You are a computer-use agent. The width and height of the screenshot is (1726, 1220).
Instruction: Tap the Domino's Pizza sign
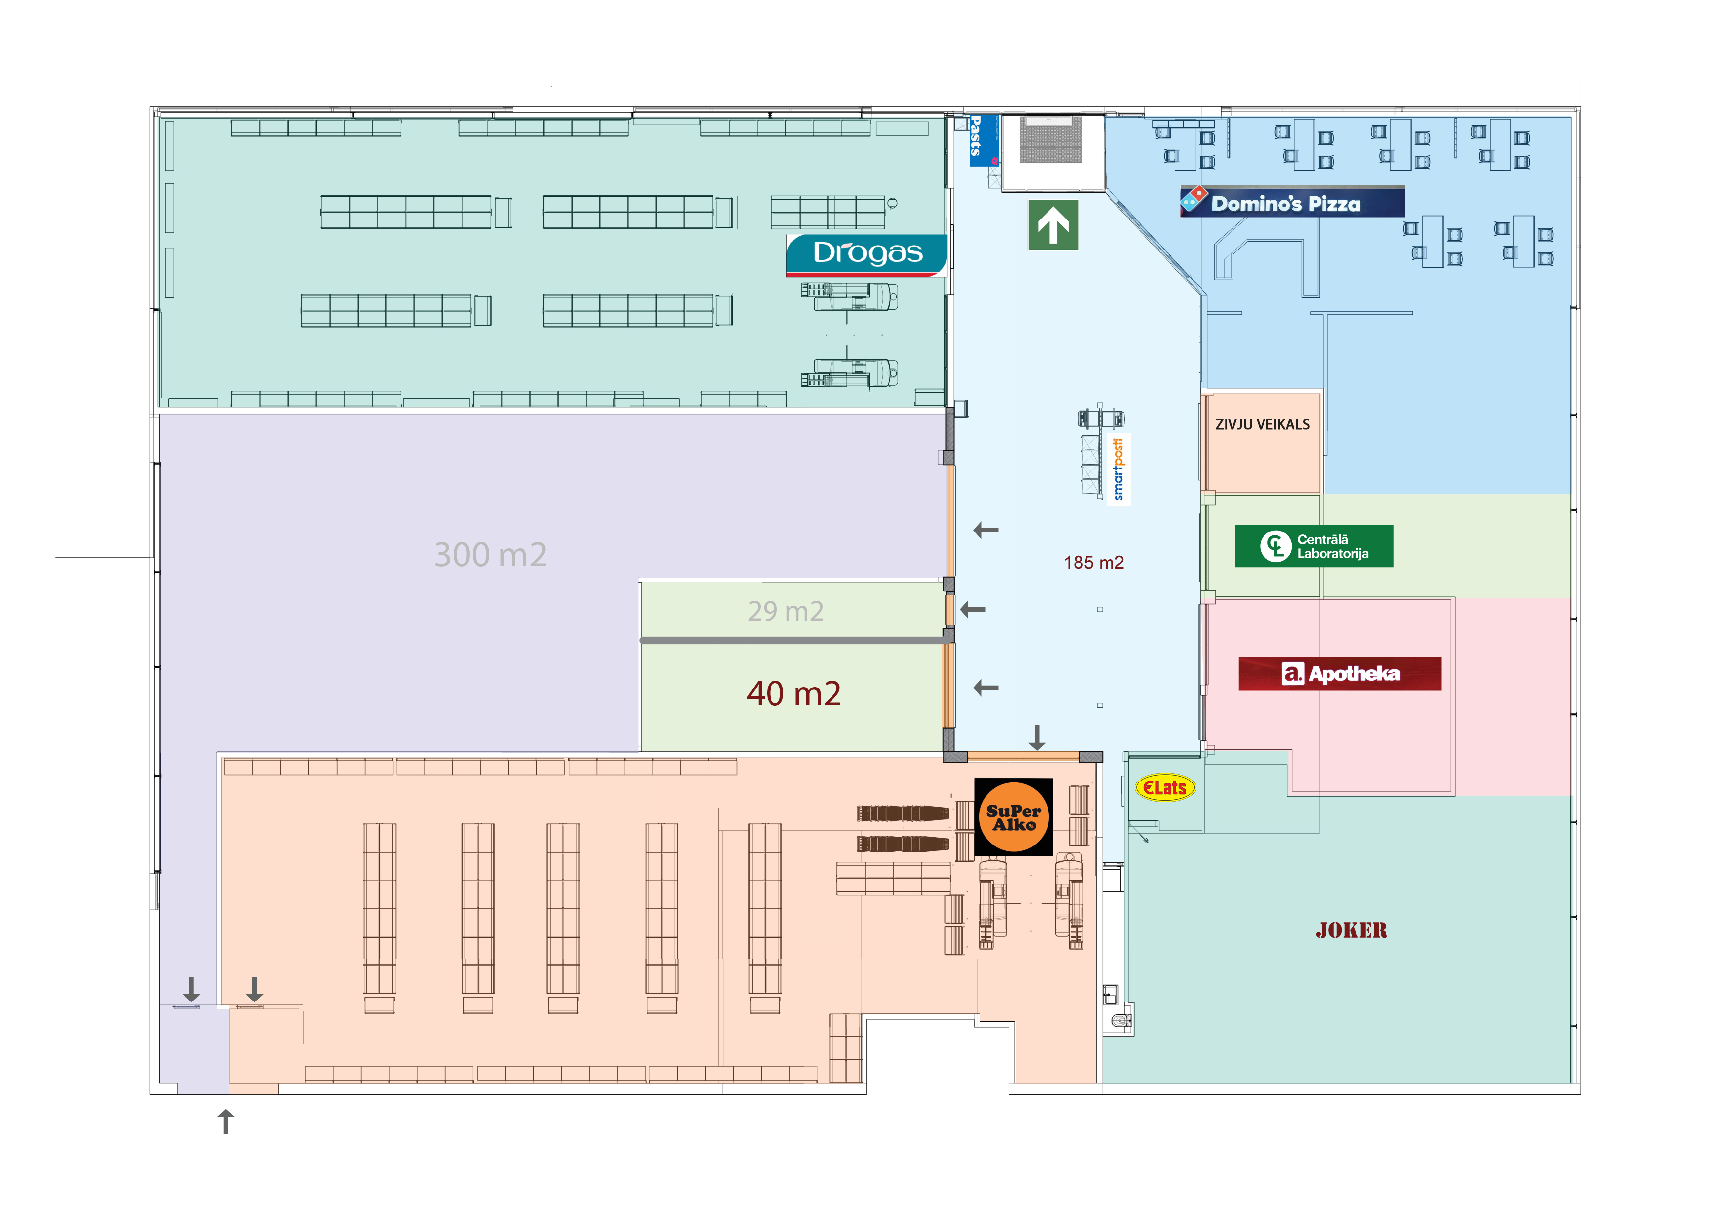[x=1292, y=201]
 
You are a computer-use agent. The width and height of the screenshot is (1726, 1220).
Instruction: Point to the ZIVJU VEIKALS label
[x=1262, y=425]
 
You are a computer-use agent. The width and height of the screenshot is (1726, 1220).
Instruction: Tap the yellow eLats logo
[x=1165, y=788]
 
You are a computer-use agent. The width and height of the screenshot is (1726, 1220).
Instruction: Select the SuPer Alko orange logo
[x=1014, y=817]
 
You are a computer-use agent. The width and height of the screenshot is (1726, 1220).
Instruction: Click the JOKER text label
[x=1351, y=931]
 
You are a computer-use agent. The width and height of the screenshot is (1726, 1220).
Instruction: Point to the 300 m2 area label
[x=490, y=555]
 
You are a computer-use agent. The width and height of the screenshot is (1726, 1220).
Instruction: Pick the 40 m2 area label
[x=793, y=693]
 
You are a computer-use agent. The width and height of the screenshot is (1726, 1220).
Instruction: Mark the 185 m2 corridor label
[x=1093, y=563]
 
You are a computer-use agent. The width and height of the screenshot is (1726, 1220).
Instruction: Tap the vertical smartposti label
[x=1118, y=469]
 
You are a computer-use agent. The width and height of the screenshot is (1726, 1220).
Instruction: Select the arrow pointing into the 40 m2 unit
[x=986, y=687]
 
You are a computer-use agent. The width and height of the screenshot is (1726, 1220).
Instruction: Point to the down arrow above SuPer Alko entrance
[x=1037, y=737]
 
